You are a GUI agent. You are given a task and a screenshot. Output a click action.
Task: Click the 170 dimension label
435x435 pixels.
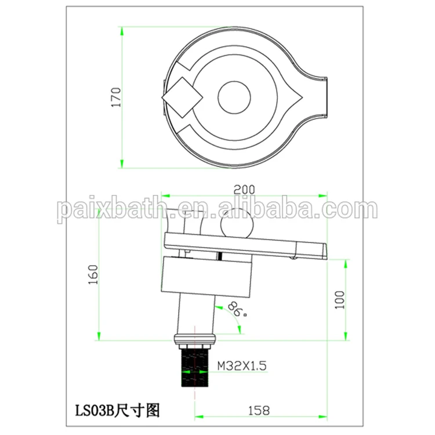117,97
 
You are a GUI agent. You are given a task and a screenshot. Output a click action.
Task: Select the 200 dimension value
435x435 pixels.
244,190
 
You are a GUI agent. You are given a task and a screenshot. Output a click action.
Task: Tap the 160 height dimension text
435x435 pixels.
95,274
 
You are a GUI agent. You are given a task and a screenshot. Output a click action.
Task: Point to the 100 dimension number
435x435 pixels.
339,300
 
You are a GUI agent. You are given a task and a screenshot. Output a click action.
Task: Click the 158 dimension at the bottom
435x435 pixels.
259,411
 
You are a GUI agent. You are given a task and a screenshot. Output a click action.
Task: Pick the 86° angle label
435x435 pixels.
238,310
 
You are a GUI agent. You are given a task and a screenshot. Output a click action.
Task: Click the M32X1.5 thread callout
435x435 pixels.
242,365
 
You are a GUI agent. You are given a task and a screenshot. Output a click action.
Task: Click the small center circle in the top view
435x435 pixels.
234,97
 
